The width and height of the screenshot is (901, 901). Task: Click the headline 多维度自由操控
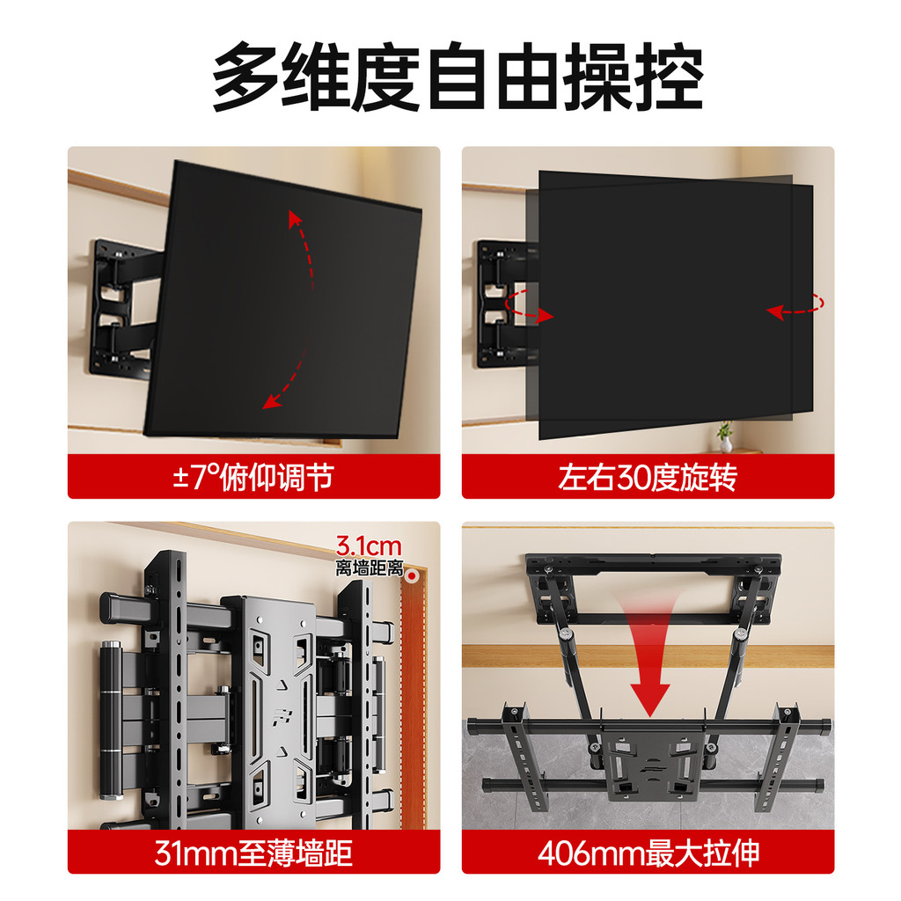pyautogui.click(x=458, y=77)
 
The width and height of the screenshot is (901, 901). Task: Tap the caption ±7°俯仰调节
pyautogui.click(x=253, y=477)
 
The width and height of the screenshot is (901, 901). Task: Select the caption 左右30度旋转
pyautogui.click(x=648, y=477)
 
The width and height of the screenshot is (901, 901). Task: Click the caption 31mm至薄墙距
pyautogui.click(x=253, y=853)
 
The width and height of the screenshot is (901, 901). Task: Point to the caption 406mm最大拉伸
pyautogui.click(x=648, y=853)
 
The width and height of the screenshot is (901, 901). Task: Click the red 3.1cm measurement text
pyautogui.click(x=369, y=546)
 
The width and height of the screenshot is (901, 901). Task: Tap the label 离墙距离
pyautogui.click(x=370, y=568)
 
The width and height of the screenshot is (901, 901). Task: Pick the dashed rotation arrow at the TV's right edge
pyautogui.click(x=795, y=305)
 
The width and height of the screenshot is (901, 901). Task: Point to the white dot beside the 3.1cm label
pyautogui.click(x=412, y=575)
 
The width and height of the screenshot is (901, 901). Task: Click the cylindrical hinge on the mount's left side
pyautogui.click(x=112, y=720)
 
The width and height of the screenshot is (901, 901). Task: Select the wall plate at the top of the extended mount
pyautogui.click(x=654, y=590)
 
